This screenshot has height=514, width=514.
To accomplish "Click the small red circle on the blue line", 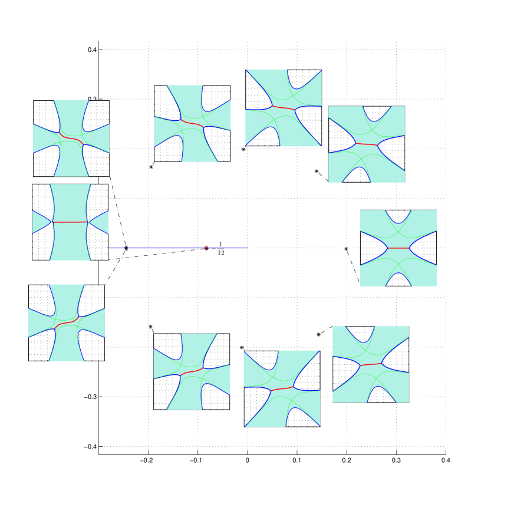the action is (x=206, y=248).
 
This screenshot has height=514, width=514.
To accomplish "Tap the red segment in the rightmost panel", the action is (x=398, y=248).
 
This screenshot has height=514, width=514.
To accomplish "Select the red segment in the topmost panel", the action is (x=284, y=108).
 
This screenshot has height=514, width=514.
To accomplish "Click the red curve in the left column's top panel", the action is (x=71, y=139).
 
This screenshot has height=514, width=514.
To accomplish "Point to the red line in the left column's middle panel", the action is (x=70, y=222).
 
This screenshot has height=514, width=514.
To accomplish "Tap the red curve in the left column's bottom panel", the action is (x=67, y=322).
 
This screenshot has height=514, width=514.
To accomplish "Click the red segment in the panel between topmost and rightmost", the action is (x=367, y=144).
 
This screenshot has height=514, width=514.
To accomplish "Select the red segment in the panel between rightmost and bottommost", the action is (x=371, y=364).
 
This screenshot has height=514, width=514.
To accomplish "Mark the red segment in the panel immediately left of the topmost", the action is (x=192, y=124).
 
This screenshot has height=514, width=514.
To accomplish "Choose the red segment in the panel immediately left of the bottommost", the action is (x=192, y=372).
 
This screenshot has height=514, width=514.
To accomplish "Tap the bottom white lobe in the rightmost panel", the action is (x=398, y=281).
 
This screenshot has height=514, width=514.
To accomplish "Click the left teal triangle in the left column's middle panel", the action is (x=40, y=222).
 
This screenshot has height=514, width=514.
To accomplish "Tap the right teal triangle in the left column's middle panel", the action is (x=100, y=222).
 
